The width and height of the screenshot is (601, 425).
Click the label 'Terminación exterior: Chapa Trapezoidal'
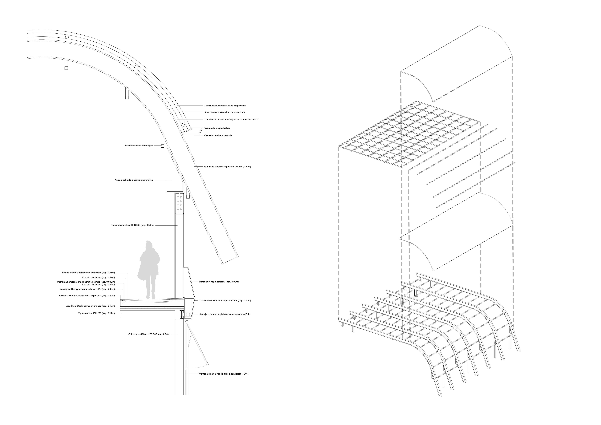pyautogui.click(x=225, y=106)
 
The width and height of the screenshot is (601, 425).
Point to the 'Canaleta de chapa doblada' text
pyautogui.click(x=218, y=135)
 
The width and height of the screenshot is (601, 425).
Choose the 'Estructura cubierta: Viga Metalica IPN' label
pyautogui.click(x=227, y=167)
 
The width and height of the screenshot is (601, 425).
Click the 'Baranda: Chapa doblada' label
pyautogui.click(x=219, y=282)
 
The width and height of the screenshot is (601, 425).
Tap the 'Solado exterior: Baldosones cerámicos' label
pyautogui.click(x=88, y=273)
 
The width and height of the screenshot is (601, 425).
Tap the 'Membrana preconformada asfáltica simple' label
pyautogui.click(x=86, y=282)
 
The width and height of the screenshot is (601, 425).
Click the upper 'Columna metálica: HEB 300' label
pyautogui.click(x=132, y=225)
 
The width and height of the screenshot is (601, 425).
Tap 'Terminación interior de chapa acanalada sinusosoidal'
pyautogui.click(x=232, y=119)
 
